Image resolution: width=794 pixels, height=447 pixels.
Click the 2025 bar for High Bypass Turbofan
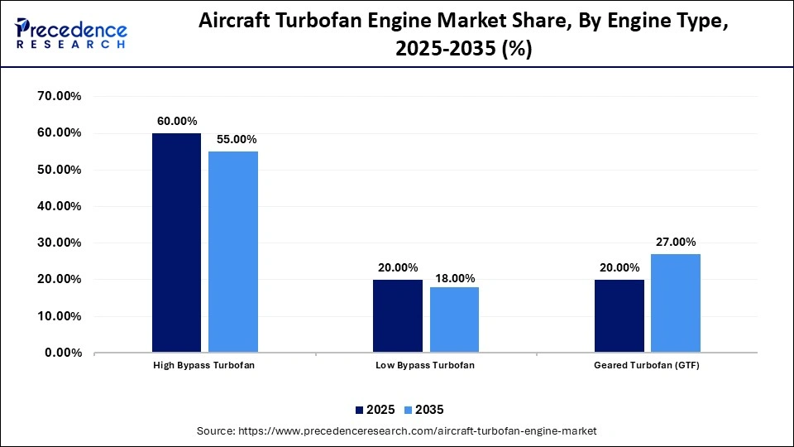click(x=176, y=243)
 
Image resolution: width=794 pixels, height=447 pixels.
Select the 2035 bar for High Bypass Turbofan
click(x=232, y=252)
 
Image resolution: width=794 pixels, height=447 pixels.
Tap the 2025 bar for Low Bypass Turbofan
click(x=398, y=315)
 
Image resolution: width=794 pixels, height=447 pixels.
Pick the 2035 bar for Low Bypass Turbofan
click(x=454, y=320)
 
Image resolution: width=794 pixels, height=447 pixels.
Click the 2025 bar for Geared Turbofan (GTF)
click(x=619, y=315)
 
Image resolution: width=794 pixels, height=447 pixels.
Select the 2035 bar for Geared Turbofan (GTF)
click(x=676, y=303)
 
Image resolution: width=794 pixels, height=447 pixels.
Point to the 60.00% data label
click(x=177, y=121)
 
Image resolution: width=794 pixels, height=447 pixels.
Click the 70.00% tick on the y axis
click(x=59, y=96)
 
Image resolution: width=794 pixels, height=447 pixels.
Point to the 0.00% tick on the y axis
click(x=62, y=353)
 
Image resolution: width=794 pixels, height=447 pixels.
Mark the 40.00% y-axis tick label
click(x=59, y=206)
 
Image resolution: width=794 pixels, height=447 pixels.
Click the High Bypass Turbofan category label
click(x=204, y=365)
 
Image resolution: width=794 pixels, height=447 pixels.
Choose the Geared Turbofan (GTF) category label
click(x=648, y=365)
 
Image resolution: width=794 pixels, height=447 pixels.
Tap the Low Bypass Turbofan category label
click(x=426, y=365)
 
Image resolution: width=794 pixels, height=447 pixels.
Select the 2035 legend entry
click(x=426, y=409)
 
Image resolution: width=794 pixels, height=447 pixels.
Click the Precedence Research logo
click(x=70, y=34)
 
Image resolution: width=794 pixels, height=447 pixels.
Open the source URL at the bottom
click(x=396, y=431)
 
